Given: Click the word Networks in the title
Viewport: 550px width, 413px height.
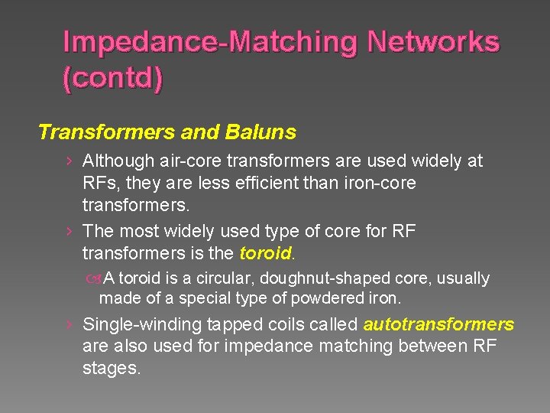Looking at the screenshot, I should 433,42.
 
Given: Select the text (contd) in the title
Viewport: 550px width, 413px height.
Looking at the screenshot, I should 112,78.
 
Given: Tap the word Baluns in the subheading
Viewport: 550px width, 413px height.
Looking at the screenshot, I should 260,132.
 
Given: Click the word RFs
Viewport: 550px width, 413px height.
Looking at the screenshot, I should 100,184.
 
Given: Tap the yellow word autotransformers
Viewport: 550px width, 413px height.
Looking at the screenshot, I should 439,324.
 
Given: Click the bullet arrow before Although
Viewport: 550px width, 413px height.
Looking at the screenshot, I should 70,161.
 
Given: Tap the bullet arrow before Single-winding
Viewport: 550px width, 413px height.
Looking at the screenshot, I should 70,324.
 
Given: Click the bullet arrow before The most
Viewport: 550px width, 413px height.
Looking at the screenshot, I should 70,231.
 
